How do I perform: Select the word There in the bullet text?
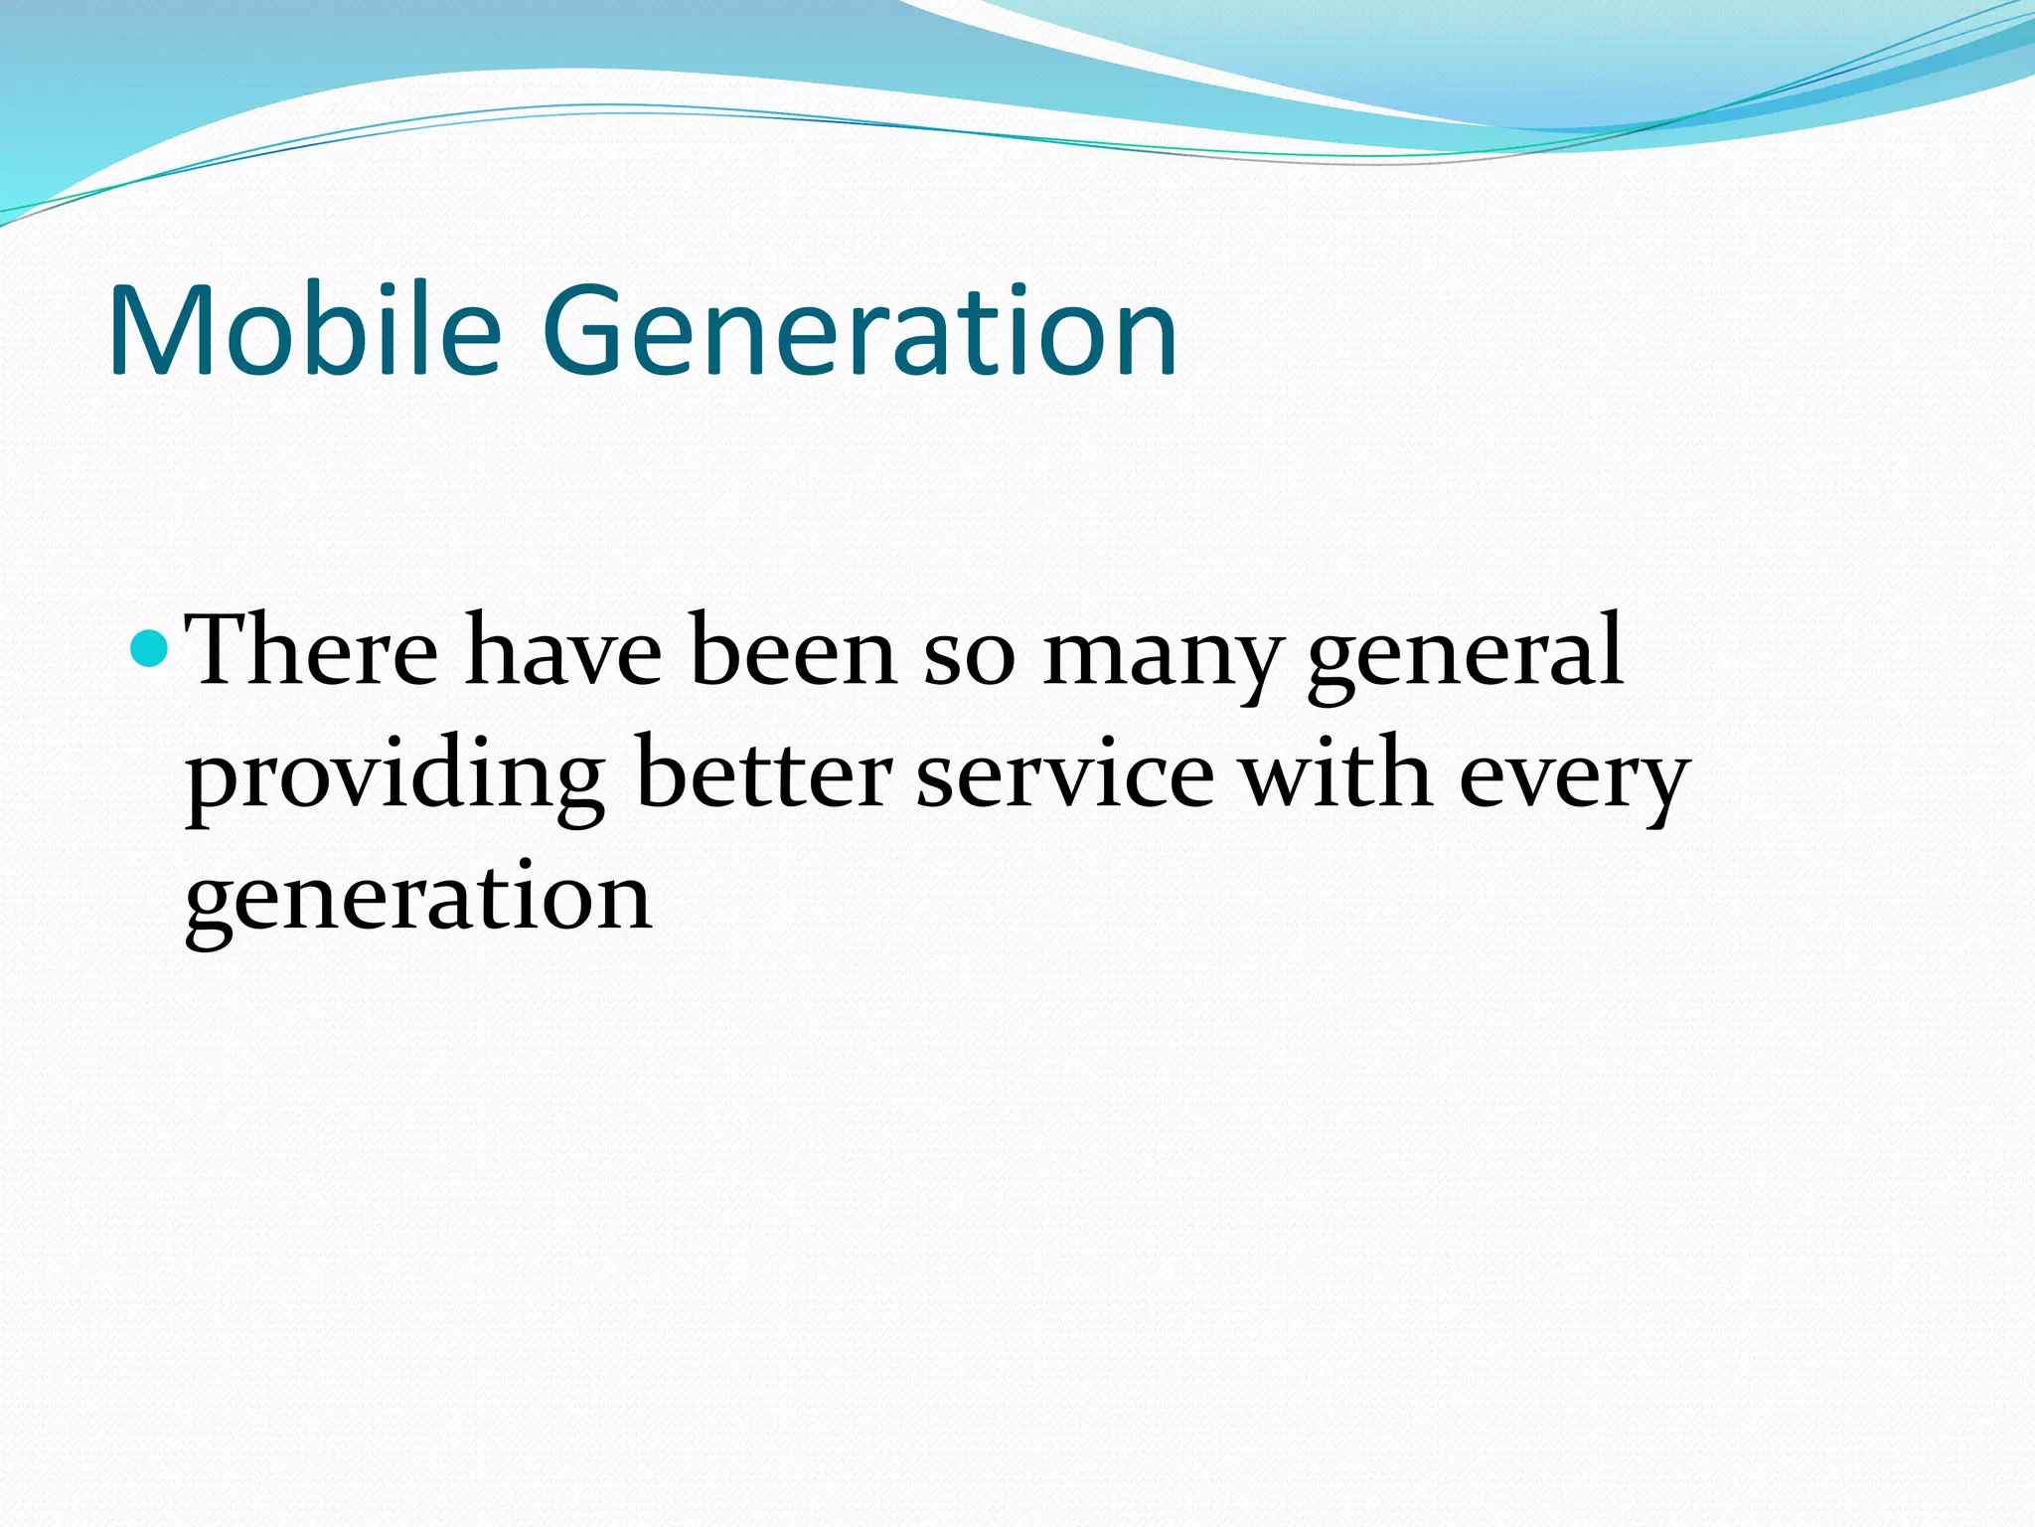313,651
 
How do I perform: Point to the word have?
563,651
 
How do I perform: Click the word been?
793,651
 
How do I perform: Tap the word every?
1574,781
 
